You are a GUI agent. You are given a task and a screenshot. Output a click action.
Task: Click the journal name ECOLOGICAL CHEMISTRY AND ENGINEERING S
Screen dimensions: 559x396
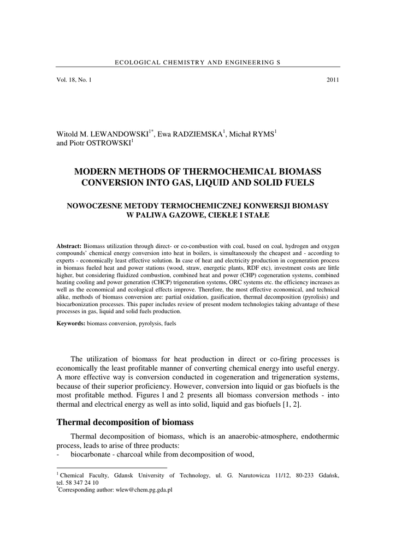point(198,63)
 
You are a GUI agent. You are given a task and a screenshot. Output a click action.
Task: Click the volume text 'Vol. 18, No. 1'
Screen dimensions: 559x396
point(74,80)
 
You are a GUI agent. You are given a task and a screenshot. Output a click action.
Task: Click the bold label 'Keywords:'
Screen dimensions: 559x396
point(71,324)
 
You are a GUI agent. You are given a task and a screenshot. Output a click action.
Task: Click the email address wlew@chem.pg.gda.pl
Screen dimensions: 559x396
point(143,490)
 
